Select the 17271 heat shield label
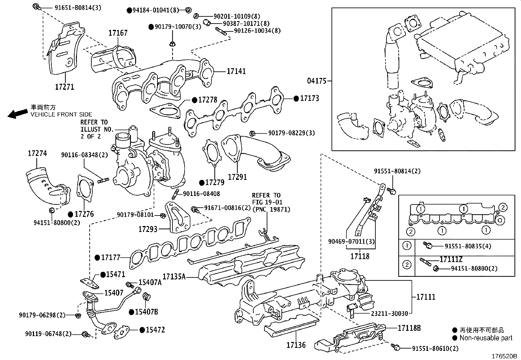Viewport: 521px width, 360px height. tap(64, 87)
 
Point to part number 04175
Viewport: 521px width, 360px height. tap(317, 81)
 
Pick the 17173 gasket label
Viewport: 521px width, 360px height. tap(309, 98)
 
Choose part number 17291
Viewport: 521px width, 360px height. tap(237, 177)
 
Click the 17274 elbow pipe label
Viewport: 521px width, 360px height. tap(37, 153)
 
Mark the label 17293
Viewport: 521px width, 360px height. tap(148, 229)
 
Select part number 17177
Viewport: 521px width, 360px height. tap(111, 258)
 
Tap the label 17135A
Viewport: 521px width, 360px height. tap(174, 277)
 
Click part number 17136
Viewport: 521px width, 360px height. tap(296, 345)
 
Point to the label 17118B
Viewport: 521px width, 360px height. tap(409, 328)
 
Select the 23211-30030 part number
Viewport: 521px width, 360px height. tap(389, 313)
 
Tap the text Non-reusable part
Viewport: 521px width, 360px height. tap(486, 338)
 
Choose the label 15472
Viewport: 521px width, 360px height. tap(155, 330)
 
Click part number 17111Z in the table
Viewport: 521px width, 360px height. tap(451, 259)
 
